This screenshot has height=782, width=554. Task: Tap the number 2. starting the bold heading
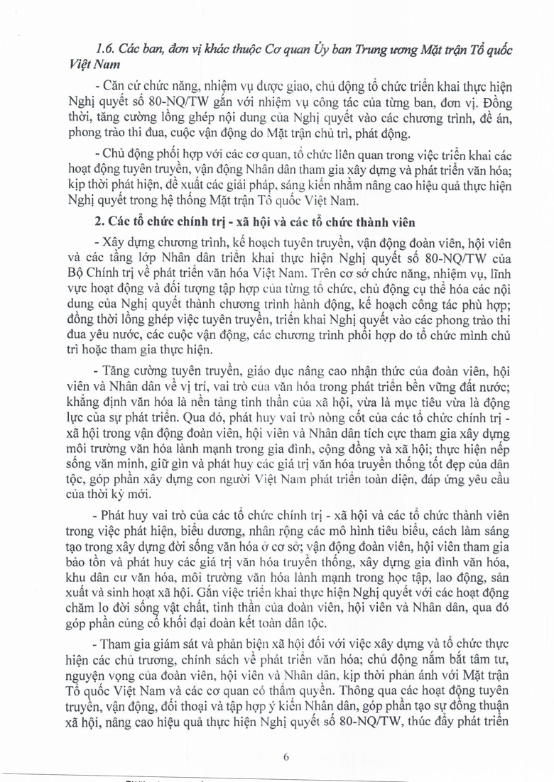98,226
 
